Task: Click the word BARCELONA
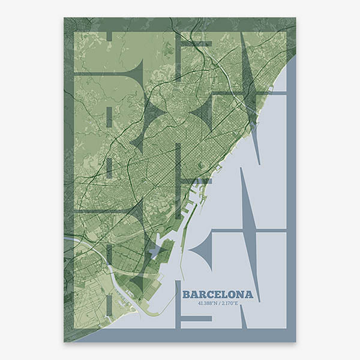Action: [x=218, y=295]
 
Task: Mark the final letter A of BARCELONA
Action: [x=248, y=295]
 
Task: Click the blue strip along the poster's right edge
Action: [x=291, y=210]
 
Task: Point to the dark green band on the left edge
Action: [x=68, y=180]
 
